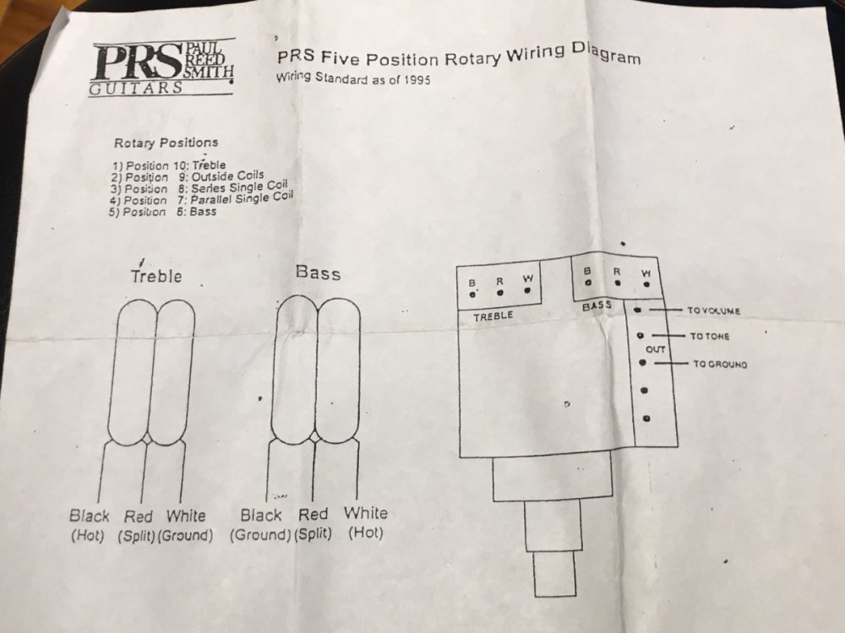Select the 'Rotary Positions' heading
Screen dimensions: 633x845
pos(166,143)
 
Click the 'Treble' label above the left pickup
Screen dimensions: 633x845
pos(155,276)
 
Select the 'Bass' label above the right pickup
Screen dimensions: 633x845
pos(318,273)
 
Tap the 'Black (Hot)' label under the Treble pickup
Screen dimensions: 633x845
pos(90,524)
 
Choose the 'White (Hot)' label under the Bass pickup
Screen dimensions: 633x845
pos(365,522)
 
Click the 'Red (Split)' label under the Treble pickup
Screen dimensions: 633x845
pos(138,524)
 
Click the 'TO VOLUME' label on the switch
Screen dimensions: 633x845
pos(713,311)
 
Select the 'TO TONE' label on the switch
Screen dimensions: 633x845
pos(710,337)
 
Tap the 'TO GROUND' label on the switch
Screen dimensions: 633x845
pos(719,365)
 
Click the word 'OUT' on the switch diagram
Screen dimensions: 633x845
pos(656,349)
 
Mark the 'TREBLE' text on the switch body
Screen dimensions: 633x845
pos(493,317)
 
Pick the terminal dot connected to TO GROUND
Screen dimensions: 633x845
pos(643,362)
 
